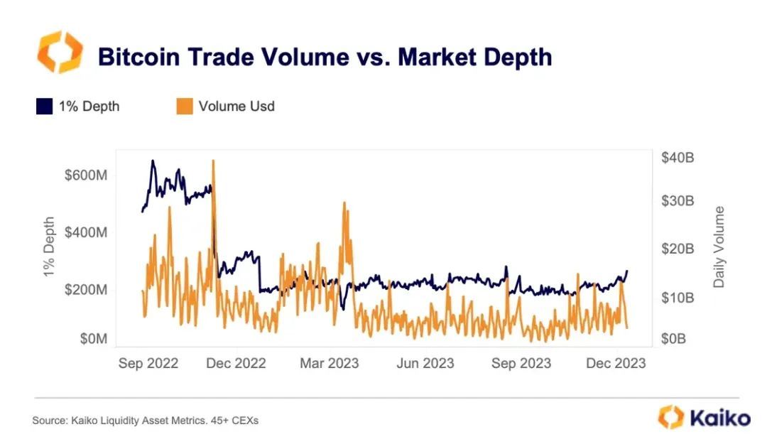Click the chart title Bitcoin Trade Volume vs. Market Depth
(x=325, y=56)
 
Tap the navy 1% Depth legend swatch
(x=44, y=107)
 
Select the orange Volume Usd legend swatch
(x=183, y=107)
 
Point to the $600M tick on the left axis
(x=86, y=175)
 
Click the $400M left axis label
(x=86, y=232)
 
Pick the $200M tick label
(x=86, y=290)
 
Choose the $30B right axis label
(x=677, y=201)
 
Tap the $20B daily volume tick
(x=677, y=249)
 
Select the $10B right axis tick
(x=677, y=297)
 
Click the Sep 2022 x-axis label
(x=148, y=363)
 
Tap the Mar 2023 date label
(x=329, y=363)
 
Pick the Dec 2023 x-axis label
(x=616, y=363)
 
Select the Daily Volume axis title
(x=719, y=247)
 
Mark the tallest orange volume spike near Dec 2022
(x=213, y=162)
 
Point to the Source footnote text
(x=145, y=421)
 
